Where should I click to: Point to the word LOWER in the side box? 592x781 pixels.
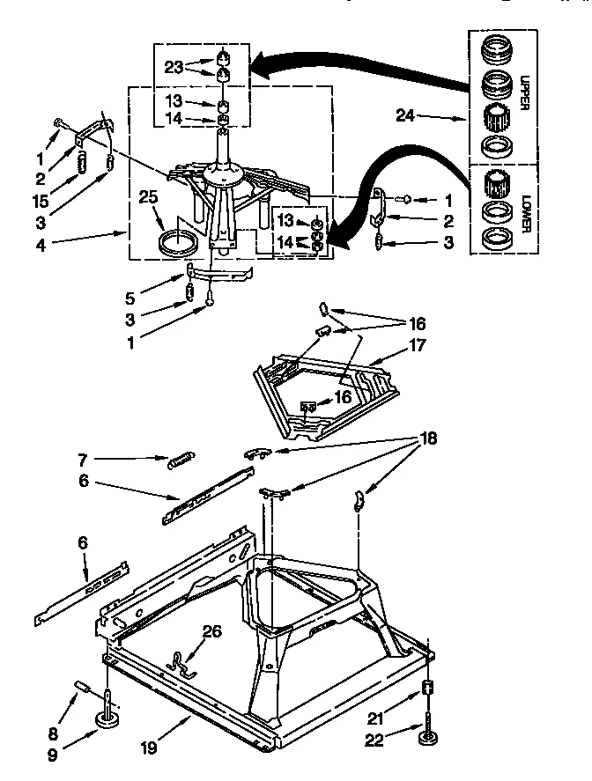(x=522, y=213)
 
